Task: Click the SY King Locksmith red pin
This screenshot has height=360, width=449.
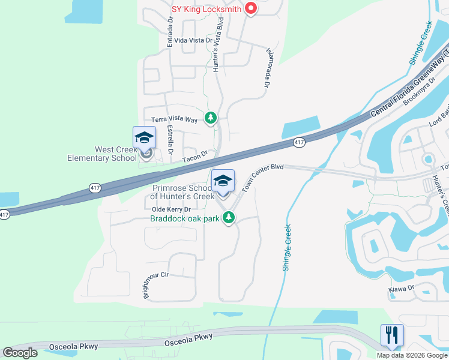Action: [252, 9]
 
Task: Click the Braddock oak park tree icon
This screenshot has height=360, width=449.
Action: [228, 218]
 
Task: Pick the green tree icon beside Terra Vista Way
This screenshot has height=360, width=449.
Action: [210, 118]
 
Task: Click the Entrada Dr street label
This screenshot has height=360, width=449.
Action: [170, 32]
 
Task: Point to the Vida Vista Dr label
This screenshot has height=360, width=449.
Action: [193, 40]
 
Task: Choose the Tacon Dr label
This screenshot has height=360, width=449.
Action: [195, 156]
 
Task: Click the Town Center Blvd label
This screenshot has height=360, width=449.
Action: [262, 178]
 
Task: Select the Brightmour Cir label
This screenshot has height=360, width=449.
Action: [157, 284]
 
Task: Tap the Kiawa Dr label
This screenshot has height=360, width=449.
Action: [402, 289]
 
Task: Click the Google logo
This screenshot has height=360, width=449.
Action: [20, 353]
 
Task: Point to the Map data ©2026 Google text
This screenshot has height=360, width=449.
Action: [412, 355]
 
